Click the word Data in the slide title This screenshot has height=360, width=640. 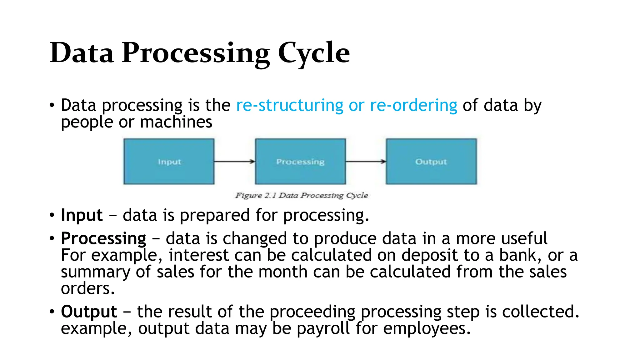click(x=82, y=53)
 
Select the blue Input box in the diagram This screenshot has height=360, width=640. click(x=169, y=162)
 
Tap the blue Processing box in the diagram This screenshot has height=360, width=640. click(x=300, y=162)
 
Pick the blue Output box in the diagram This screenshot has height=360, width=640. click(x=431, y=162)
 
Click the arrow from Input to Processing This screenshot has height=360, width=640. click(x=234, y=162)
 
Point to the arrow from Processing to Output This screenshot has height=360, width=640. click(x=366, y=162)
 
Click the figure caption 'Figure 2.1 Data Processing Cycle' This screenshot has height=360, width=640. click(x=302, y=196)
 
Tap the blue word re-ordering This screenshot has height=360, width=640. click(x=413, y=105)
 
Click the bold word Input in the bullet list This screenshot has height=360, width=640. click(x=82, y=215)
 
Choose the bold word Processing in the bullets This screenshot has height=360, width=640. click(x=103, y=239)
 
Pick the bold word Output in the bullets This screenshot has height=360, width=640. click(x=89, y=312)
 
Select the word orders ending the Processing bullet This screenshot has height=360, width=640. click(x=87, y=288)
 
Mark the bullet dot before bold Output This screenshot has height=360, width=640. click(x=52, y=312)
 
